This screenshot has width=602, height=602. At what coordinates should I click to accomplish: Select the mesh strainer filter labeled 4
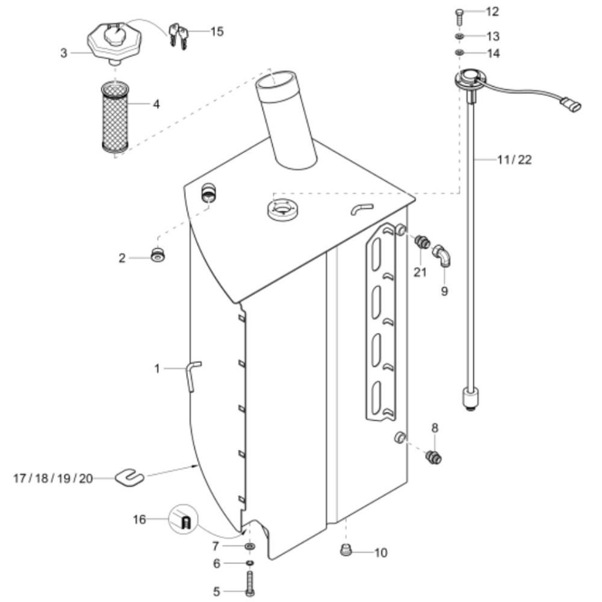(x=115, y=116)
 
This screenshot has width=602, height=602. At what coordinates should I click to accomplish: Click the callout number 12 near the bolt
(x=492, y=11)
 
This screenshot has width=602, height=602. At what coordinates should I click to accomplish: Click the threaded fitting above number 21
(x=423, y=242)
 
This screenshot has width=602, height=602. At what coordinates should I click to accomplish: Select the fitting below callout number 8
(x=433, y=458)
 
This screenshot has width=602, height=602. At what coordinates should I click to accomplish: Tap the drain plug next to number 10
(x=346, y=551)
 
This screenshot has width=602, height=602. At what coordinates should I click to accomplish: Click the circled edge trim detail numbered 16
(x=183, y=520)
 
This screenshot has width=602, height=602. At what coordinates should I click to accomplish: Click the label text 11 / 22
(x=515, y=160)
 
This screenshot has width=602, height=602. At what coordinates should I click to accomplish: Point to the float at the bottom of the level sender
(x=471, y=399)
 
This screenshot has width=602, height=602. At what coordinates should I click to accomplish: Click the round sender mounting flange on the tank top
(x=284, y=209)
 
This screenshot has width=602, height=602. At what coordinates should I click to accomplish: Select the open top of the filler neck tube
(x=276, y=80)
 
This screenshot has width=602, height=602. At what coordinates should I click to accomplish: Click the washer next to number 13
(x=459, y=37)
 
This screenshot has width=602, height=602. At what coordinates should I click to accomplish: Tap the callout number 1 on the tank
(x=157, y=368)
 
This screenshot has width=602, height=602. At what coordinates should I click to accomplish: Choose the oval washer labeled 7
(x=250, y=546)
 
